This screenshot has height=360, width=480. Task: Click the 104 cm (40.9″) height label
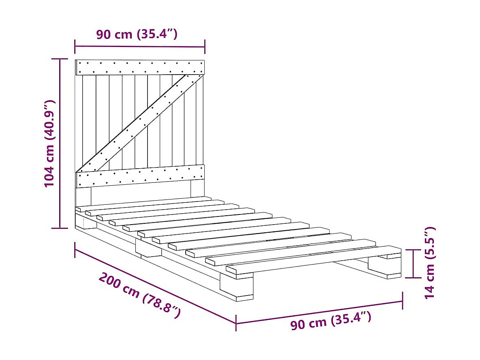pos(49,144)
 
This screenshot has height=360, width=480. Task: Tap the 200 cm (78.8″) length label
pos(139,295)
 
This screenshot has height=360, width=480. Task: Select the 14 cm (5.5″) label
pos(430,263)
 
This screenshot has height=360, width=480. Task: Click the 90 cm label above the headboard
pos(137,34)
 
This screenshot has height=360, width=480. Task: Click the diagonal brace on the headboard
pos(140,121)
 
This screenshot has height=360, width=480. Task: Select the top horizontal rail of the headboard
pos(140,67)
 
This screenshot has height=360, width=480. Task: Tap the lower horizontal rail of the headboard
pos(140,176)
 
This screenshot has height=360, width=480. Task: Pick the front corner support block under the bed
pos(236,287)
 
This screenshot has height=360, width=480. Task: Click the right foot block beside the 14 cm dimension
pos(384,268)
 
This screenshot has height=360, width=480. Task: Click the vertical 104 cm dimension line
pos(60,144)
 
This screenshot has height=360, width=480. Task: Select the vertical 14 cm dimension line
pos(413,264)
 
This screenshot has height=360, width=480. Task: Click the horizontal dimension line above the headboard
pos(140,47)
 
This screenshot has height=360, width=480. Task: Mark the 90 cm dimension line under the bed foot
pos(319,312)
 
